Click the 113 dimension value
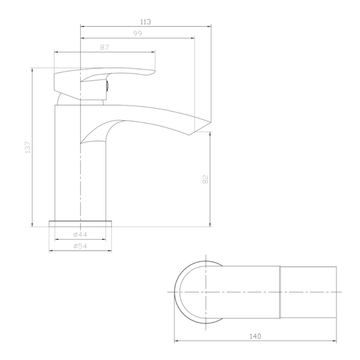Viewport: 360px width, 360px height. [x=145, y=22]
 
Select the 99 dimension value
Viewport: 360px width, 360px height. [x=137, y=34]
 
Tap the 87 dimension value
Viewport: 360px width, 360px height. [x=105, y=47]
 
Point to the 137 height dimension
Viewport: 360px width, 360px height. [x=27, y=147]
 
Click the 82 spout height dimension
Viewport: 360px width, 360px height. [x=206, y=179]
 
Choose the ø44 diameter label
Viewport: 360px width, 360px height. [x=81, y=234]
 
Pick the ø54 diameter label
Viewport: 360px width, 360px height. [x=81, y=245]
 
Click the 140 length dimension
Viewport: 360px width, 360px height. [x=256, y=336]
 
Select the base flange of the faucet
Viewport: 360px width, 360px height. [x=81, y=222]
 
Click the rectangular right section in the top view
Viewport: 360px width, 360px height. [x=309, y=292]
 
